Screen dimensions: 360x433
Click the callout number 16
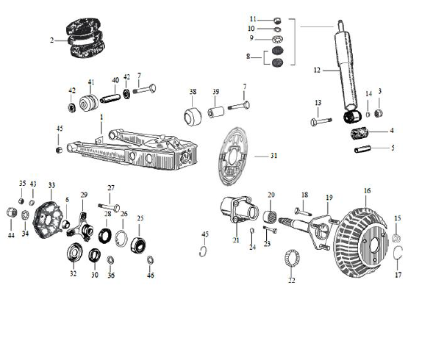pos(366,191)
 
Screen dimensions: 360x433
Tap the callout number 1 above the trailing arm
pos(101,118)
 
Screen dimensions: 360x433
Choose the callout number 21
pos(236,240)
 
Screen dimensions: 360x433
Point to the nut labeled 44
pos(11,213)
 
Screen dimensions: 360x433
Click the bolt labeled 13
pos(323,120)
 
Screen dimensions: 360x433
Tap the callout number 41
pos(91,82)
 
